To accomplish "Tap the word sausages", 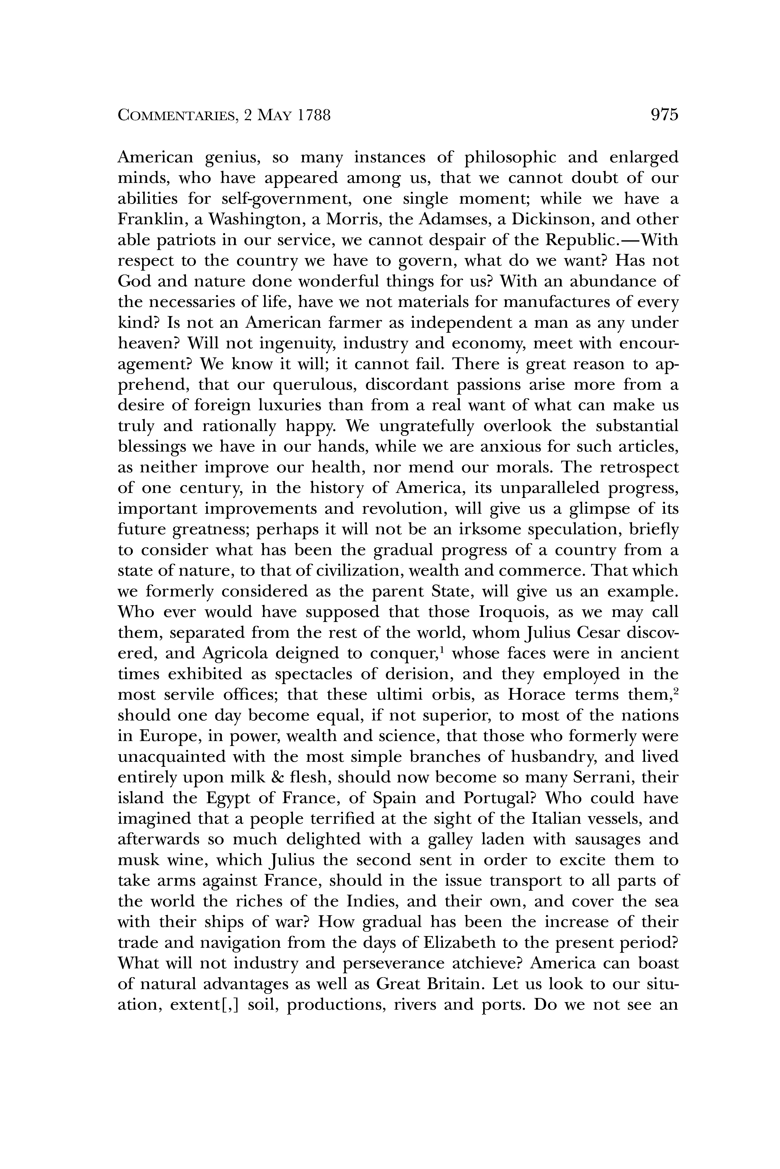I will click(x=612, y=839).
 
